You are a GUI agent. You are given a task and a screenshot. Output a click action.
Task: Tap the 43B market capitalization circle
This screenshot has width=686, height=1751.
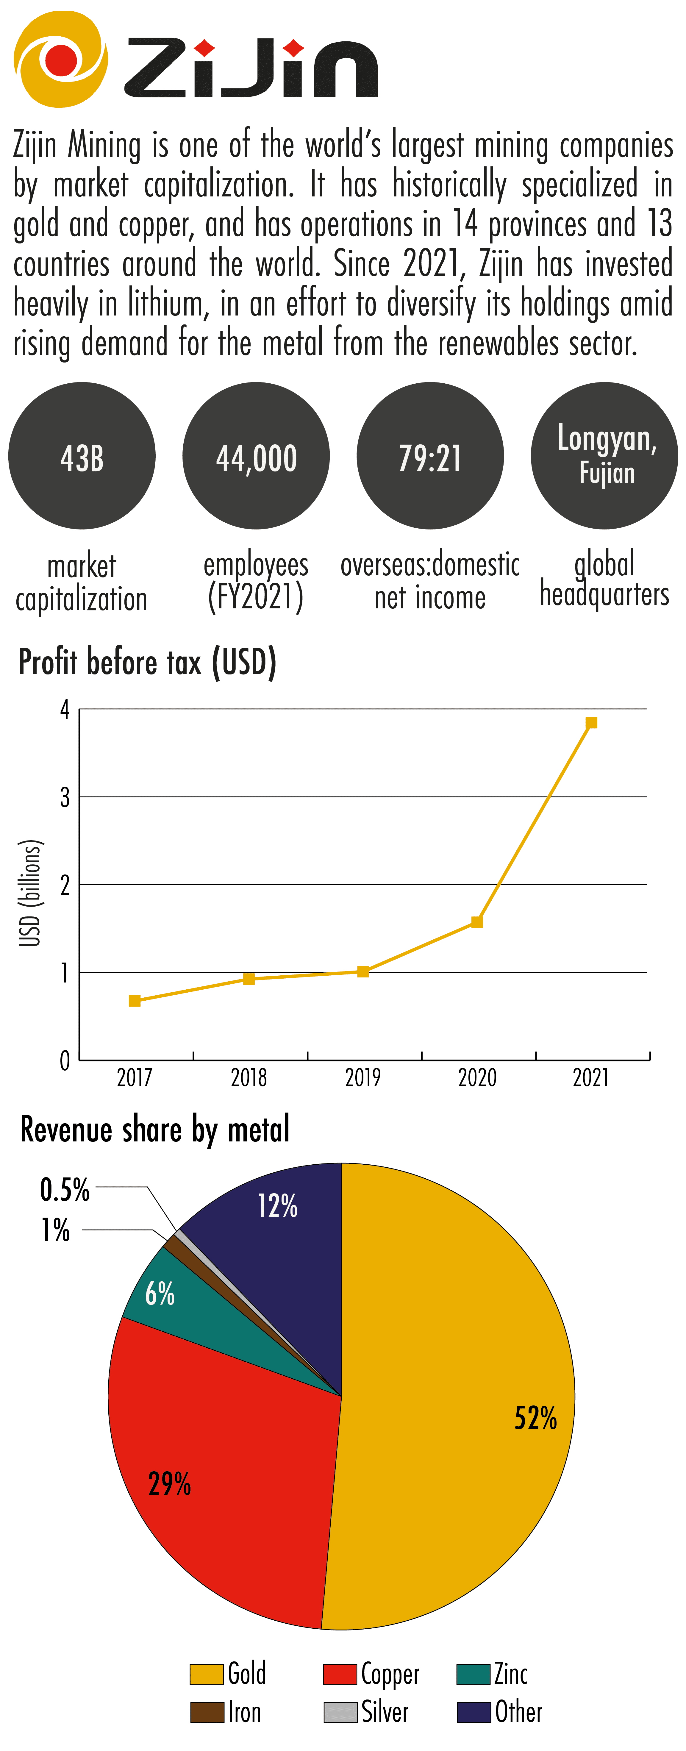click(x=82, y=455)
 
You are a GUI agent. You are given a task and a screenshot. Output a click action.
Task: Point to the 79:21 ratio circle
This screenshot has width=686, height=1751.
click(x=430, y=455)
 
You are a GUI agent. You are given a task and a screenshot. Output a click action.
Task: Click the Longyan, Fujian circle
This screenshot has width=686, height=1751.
click(x=604, y=455)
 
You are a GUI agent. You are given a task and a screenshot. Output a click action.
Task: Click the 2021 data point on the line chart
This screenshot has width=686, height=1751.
click(x=591, y=723)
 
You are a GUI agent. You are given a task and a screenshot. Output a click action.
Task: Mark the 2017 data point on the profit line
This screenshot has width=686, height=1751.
click(x=135, y=1001)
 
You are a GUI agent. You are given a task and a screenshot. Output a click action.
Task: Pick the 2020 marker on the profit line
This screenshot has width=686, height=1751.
click(x=476, y=922)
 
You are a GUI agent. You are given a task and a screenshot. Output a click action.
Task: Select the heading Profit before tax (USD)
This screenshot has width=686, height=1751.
click(x=147, y=662)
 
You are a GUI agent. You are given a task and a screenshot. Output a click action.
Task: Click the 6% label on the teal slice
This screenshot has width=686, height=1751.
click(x=160, y=1294)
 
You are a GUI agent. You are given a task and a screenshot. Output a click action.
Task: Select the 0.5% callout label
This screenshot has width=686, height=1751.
click(x=65, y=1190)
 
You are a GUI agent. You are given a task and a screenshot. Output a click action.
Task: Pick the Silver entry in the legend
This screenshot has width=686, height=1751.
click(x=384, y=1712)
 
